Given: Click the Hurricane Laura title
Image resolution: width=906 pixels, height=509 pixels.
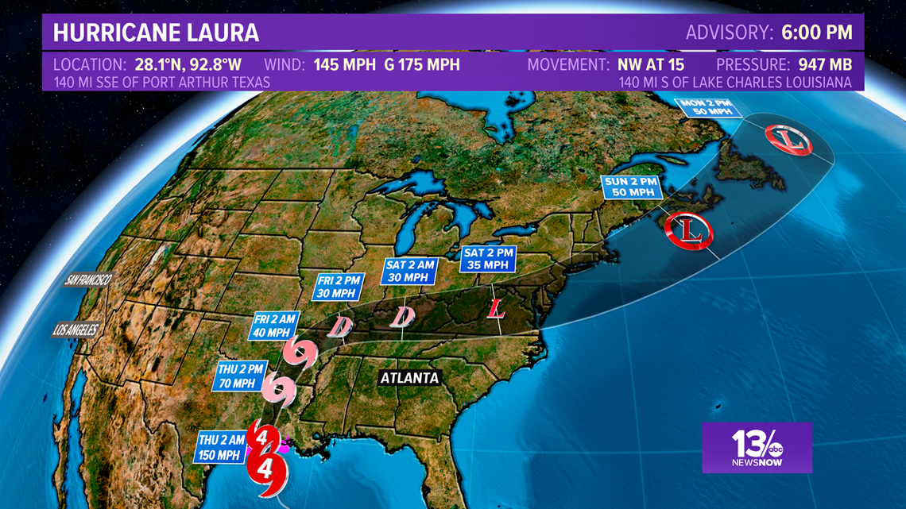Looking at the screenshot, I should click(x=156, y=33).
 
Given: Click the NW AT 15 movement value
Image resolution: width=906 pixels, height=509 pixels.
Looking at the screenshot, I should click(x=651, y=64).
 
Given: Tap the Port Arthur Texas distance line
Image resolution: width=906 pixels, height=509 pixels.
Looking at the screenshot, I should click(x=162, y=82).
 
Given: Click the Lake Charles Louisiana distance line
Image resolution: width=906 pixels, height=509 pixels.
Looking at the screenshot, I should click(x=735, y=82).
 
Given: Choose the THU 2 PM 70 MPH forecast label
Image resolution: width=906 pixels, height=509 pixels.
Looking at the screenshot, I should click(x=240, y=376).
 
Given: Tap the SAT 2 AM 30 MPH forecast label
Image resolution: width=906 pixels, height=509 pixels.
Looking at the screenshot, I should click(x=408, y=271).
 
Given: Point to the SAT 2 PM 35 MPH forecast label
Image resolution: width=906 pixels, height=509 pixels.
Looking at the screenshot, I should click(x=488, y=259).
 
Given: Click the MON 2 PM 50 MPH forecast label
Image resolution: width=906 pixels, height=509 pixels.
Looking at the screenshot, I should click(x=705, y=107).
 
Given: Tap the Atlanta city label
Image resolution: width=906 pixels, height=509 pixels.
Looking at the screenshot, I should click(x=409, y=378).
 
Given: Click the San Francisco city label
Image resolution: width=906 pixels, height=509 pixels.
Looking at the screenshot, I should click(x=89, y=280).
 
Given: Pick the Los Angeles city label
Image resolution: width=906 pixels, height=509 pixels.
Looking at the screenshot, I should click(x=76, y=329).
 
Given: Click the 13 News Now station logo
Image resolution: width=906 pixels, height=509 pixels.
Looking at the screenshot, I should click(x=756, y=447).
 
